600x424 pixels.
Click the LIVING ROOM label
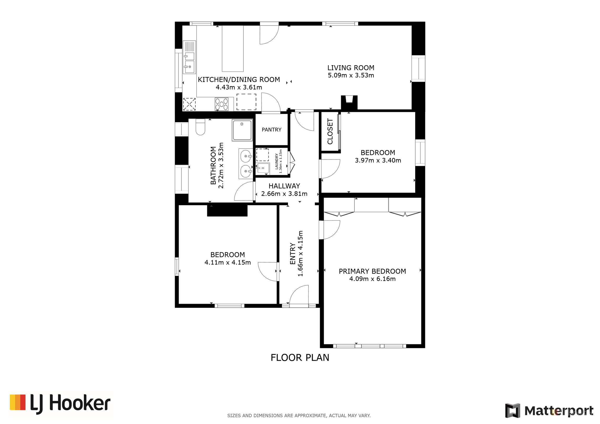click(351, 68)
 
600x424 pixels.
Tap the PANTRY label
click(271, 130)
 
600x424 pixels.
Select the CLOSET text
click(330, 131)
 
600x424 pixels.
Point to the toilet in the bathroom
click(200, 127)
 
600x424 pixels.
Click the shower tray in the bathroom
click(242, 130)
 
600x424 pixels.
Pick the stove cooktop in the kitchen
click(222, 104)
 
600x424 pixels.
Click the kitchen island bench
click(233, 48)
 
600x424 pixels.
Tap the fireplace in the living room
click(349, 102)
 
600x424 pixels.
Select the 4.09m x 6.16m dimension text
click(372, 279)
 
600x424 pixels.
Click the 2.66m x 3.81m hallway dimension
click(284, 194)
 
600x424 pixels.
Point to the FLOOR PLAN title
click(300, 358)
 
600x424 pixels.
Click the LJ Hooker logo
click(60, 404)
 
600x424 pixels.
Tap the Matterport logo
click(549, 410)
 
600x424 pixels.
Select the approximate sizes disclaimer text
click(299, 416)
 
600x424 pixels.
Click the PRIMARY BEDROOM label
click(372, 271)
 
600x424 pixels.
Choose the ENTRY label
click(293, 254)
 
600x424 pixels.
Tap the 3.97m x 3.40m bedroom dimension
click(378, 160)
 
